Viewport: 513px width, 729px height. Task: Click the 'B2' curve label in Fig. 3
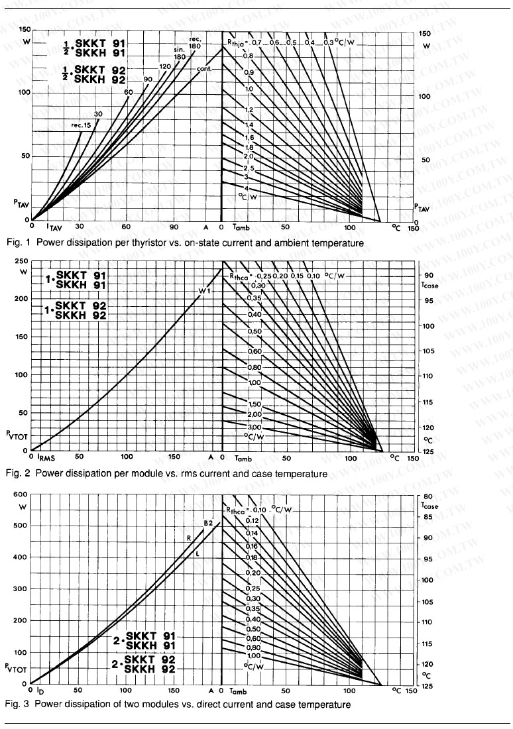[x=207, y=523]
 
